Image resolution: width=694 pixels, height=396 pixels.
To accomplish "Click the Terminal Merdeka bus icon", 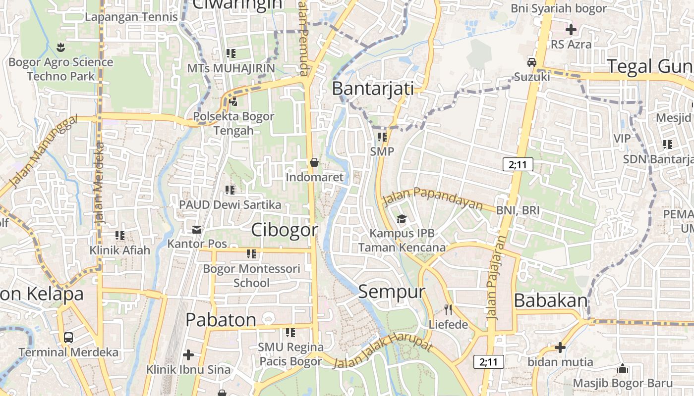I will pyautogui.click(x=68, y=338).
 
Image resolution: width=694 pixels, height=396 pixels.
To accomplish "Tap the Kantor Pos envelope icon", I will pyautogui.click(x=197, y=229).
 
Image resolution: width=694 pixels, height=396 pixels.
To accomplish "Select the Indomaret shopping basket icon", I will pyautogui.click(x=314, y=162).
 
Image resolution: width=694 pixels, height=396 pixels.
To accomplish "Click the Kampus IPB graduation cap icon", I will pyautogui.click(x=401, y=219).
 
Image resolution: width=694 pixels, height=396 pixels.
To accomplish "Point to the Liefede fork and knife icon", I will pyautogui.click(x=448, y=310).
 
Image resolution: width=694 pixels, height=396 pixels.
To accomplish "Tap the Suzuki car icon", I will pyautogui.click(x=532, y=62).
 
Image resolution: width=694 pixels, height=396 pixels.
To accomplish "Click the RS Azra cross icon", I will pyautogui.click(x=571, y=30).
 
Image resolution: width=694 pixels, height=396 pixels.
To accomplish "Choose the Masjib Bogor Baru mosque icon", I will pyautogui.click(x=623, y=369).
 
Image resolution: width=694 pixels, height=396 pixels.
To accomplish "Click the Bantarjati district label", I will pyautogui.click(x=373, y=89).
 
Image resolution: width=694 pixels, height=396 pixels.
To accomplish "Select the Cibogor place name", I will pyautogui.click(x=284, y=230).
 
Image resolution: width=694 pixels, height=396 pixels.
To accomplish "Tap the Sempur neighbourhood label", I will pyautogui.click(x=392, y=292).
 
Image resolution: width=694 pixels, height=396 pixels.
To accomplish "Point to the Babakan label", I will pyautogui.click(x=551, y=300).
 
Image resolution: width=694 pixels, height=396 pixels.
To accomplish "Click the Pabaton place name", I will pyautogui.click(x=221, y=320).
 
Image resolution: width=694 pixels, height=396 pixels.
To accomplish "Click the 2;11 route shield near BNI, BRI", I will pyautogui.click(x=518, y=164).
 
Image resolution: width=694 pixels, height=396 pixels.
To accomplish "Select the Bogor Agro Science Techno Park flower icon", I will pyautogui.click(x=61, y=48).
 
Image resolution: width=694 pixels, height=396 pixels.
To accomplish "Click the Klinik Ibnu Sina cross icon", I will pyautogui.click(x=188, y=355).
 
